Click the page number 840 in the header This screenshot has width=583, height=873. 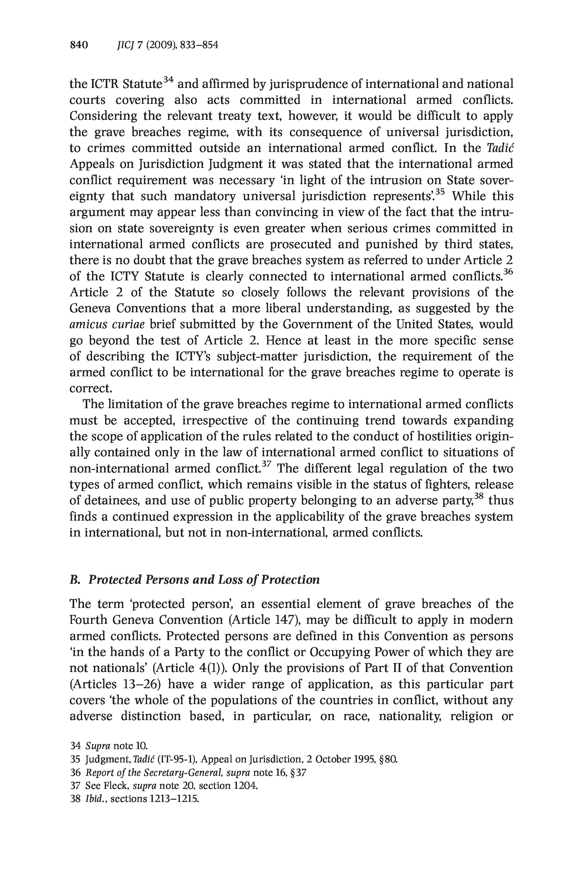point(79,45)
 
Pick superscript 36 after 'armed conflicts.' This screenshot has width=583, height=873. point(508,272)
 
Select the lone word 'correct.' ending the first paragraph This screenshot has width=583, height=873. point(91,389)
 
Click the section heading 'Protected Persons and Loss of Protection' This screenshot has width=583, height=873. point(204,580)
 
